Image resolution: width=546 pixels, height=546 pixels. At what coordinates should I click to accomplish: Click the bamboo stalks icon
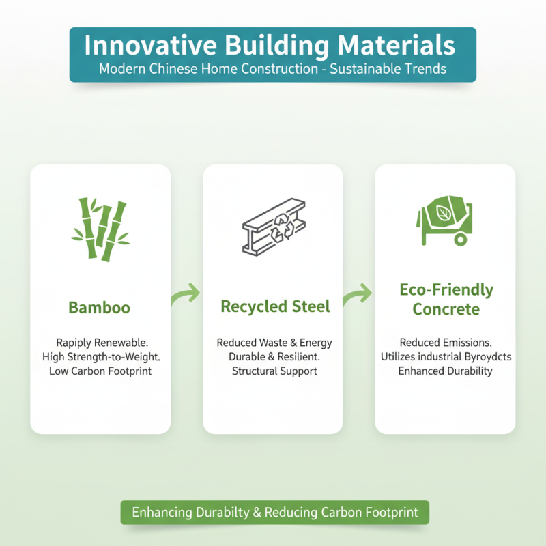100,229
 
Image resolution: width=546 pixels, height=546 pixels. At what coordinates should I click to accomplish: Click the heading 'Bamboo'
100,308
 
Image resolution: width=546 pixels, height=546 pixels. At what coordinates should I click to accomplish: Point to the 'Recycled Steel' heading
275,306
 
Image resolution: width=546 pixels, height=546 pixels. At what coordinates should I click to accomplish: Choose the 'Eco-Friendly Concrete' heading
446,299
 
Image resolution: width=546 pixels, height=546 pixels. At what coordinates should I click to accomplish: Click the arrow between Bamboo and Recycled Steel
186,295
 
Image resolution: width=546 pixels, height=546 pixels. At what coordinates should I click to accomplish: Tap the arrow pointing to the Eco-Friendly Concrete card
358,295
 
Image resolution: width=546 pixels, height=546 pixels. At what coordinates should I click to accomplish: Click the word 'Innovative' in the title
137,46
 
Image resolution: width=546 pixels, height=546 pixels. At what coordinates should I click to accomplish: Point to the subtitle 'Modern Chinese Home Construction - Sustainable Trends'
272,69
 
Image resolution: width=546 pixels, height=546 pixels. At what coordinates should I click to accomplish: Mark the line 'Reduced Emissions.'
446,342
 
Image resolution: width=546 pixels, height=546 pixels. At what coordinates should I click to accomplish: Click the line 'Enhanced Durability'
446,371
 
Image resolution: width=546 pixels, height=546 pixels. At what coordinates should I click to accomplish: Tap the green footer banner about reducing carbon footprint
274,513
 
